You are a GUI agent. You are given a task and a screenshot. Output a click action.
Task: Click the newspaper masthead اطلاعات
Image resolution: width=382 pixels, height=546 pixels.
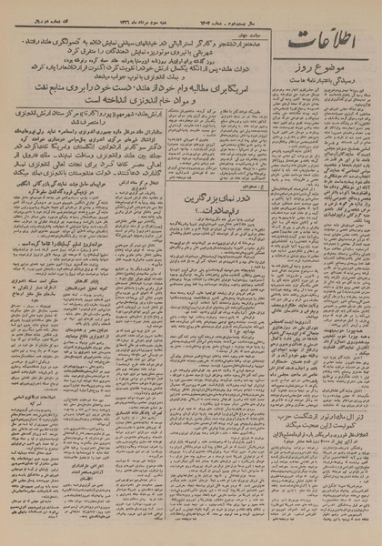coord(324,41)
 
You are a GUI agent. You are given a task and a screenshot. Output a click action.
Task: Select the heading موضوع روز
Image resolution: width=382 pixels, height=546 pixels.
coord(323,69)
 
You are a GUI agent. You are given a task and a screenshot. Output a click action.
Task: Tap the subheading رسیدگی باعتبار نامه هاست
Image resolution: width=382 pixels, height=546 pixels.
coord(323,83)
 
